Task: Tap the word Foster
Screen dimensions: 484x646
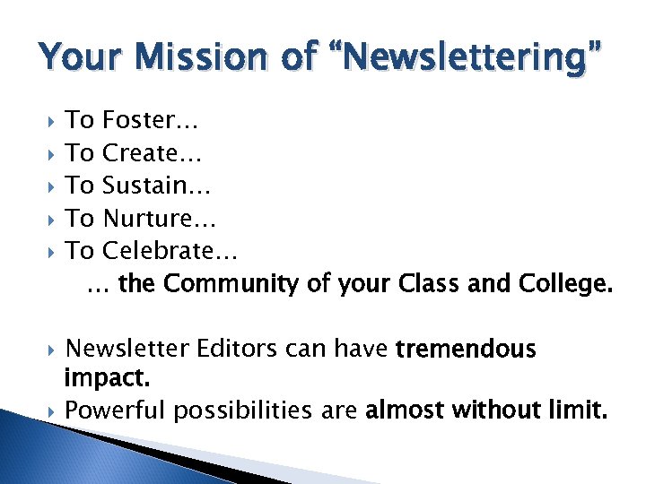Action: coord(151,120)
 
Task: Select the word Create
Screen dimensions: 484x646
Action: coord(152,153)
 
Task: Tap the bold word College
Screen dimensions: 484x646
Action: coord(566,284)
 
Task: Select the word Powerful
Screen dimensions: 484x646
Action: coord(117,411)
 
